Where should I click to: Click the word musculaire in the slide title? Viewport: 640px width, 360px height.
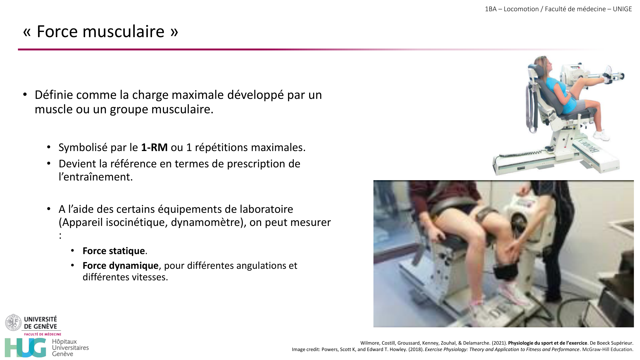(123, 32)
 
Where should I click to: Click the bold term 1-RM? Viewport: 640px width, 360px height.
(154, 148)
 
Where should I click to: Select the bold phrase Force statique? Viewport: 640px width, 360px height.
(114, 251)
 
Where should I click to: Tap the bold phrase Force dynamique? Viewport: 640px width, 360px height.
(120, 266)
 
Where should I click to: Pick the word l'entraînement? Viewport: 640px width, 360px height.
(95, 177)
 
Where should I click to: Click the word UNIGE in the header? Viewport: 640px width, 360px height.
(622, 9)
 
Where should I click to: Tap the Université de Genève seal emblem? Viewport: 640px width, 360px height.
(13, 323)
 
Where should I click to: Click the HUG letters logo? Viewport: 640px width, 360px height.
(26, 348)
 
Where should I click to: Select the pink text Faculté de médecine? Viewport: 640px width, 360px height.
(43, 334)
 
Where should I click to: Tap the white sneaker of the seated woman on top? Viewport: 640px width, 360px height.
(601, 135)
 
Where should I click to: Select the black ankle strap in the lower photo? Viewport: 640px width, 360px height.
(505, 272)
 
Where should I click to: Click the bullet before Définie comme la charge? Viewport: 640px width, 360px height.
(25, 95)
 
